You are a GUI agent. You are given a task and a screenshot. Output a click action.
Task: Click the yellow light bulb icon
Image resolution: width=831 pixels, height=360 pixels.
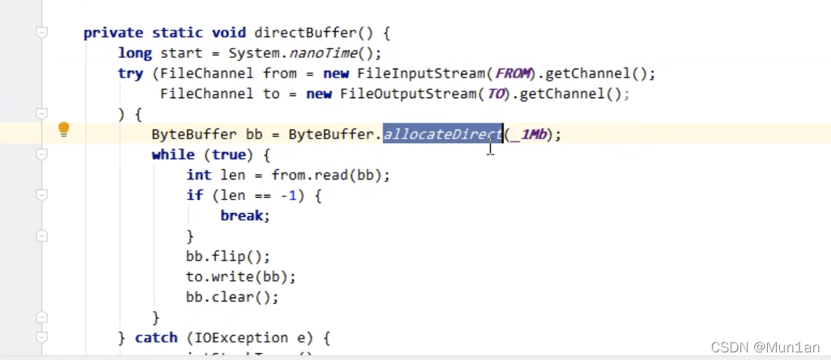(64, 129)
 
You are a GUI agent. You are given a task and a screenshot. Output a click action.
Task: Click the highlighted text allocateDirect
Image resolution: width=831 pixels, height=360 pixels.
(442, 135)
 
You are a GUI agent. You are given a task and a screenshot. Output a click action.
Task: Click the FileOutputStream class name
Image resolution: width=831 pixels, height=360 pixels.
(409, 94)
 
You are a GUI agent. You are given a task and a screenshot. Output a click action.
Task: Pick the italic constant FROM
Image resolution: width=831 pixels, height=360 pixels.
(514, 74)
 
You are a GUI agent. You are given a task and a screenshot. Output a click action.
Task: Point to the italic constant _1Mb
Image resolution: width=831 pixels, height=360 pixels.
(532, 135)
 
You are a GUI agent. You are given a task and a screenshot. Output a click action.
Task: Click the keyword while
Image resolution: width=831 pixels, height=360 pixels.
(173, 155)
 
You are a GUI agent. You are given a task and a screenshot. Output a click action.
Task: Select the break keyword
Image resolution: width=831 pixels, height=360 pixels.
(242, 215)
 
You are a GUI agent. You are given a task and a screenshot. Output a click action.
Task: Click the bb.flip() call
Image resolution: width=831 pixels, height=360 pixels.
(228, 256)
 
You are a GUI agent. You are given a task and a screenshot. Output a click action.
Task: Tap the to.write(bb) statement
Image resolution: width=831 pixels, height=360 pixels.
(240, 277)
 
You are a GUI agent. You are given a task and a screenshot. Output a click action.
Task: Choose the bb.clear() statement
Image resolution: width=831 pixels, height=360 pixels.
(232, 298)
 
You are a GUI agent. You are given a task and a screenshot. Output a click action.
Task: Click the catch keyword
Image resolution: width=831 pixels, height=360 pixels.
(156, 337)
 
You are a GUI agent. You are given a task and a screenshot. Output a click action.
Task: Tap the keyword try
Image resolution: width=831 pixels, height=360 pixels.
(130, 74)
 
